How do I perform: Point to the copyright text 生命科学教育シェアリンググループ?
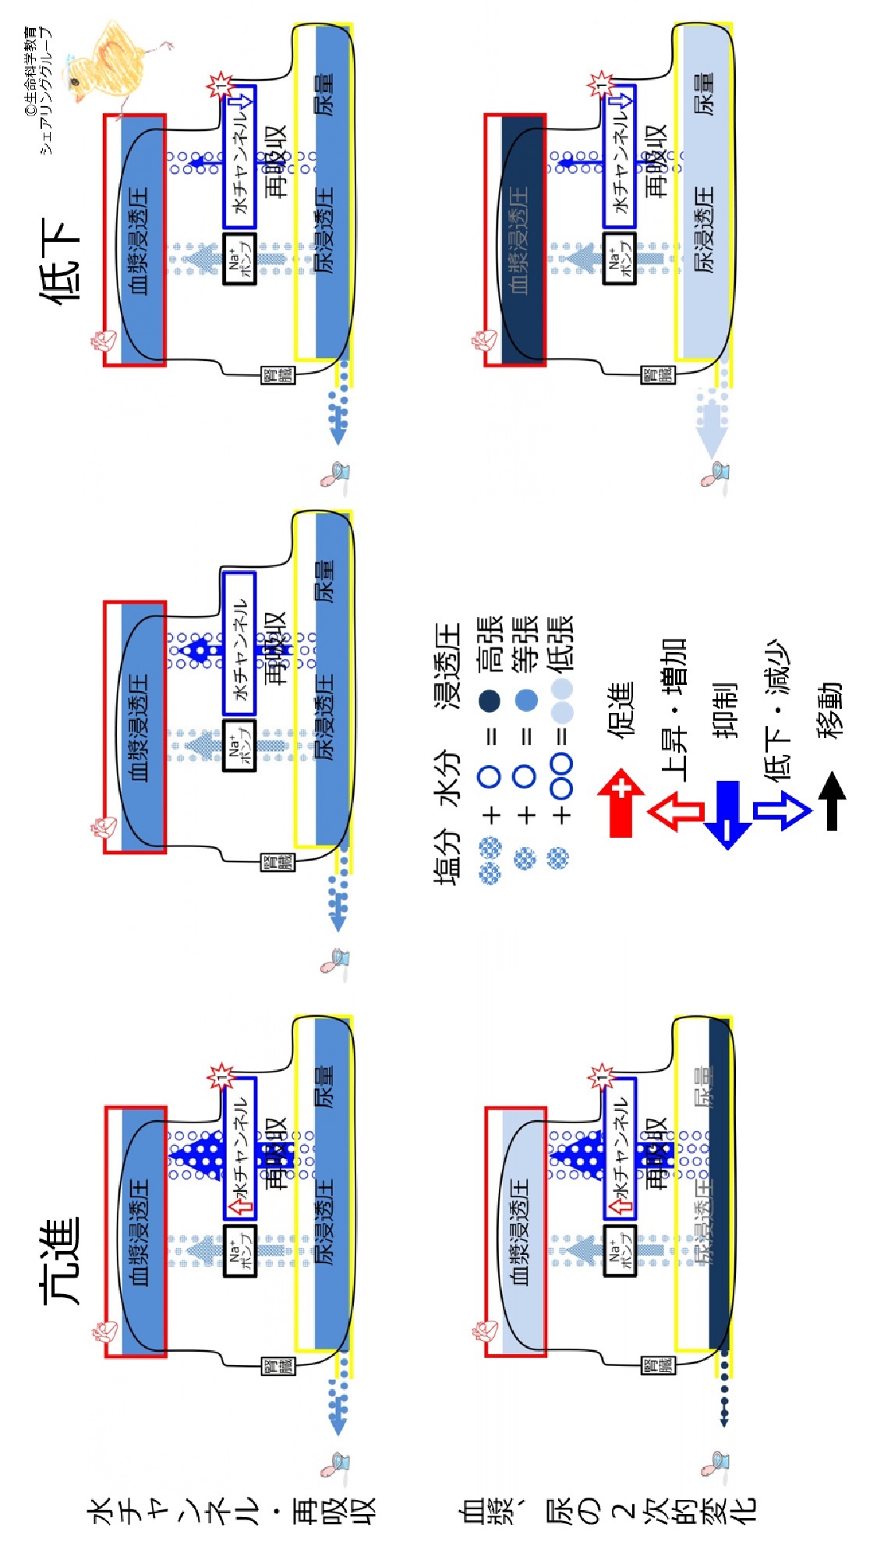[39, 90]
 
